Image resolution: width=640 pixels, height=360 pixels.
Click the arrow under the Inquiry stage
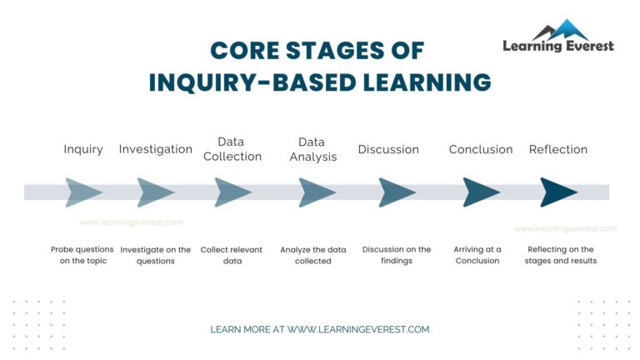coord(82,192)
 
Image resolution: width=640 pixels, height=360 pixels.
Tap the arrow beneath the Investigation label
coord(155,192)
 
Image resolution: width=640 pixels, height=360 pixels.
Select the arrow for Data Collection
coord(232,192)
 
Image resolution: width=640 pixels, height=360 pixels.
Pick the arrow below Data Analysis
coord(317,192)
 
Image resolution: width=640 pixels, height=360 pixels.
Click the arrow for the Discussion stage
coord(397,192)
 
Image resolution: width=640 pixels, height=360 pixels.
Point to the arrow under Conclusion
coord(481,192)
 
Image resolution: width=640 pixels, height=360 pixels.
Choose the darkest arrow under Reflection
coord(557,192)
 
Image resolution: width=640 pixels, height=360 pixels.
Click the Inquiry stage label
coord(83,150)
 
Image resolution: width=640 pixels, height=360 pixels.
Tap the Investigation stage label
coord(156,150)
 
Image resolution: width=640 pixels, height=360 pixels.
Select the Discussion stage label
coord(388,150)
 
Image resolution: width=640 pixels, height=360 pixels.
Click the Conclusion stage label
coord(481,150)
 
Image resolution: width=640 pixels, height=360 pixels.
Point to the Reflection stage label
coord(558,150)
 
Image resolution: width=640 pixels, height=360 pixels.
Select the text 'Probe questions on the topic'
coord(82,255)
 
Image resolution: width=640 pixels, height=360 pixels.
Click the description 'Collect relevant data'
coord(233,255)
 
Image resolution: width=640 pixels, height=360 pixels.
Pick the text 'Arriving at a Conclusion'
coord(477,255)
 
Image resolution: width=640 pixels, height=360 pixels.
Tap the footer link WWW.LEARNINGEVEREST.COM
coord(358,329)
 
